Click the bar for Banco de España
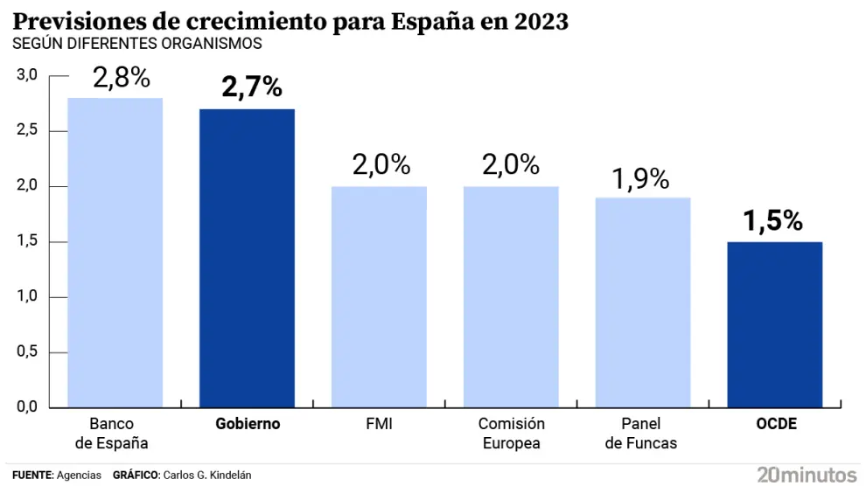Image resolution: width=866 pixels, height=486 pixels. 115,253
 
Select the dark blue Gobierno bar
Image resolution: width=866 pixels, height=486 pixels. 247,258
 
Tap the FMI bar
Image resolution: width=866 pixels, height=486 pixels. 379,296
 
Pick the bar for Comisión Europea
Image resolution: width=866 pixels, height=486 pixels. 511,296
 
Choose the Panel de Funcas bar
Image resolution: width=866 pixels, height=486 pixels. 643,302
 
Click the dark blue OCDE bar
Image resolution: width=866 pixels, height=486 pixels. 775,324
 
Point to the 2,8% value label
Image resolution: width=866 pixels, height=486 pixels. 122,79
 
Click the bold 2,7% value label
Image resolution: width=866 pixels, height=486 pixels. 252,87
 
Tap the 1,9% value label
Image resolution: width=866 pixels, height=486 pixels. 640,179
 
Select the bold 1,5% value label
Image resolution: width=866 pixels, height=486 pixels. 773,221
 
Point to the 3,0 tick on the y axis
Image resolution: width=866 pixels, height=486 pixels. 27,76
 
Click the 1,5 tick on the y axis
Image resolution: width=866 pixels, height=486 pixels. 27,242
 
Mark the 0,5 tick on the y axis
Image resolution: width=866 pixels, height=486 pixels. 27,352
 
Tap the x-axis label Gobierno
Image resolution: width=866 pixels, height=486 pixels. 248,424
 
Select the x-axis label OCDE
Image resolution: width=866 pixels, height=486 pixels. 776,424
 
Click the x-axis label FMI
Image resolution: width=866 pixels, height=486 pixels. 379,424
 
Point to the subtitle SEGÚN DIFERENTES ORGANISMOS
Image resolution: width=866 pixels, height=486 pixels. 137,43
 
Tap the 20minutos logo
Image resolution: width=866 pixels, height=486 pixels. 807,475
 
